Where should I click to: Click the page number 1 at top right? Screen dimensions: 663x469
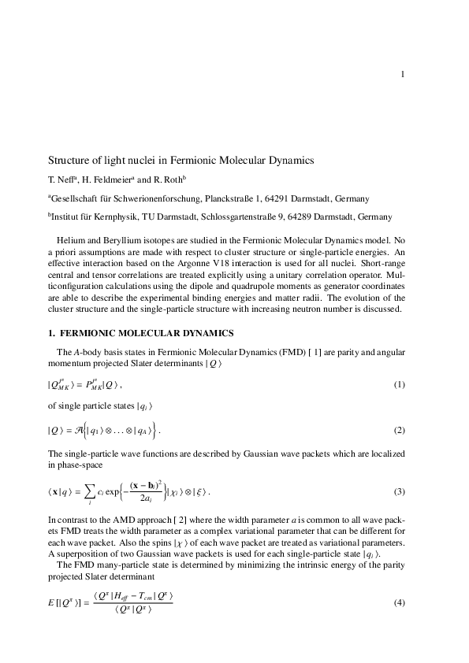402,75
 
